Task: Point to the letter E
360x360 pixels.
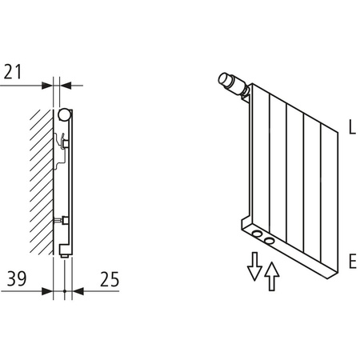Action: tap(351, 262)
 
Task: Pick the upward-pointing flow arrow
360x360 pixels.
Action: tap(272, 278)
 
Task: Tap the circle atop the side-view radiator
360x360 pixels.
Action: tap(64, 114)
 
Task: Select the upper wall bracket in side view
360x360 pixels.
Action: tap(66, 143)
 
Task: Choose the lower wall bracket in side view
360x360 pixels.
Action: tap(66, 219)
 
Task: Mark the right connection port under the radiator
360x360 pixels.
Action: tap(270, 240)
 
